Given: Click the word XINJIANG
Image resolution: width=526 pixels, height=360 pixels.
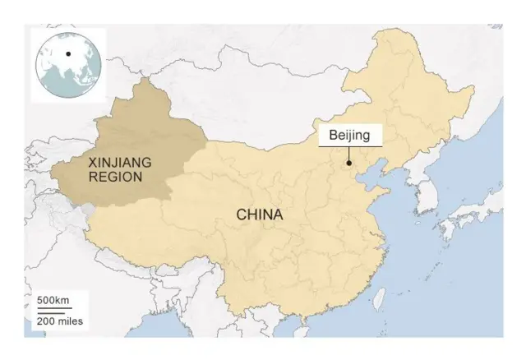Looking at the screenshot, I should [x=119, y=162].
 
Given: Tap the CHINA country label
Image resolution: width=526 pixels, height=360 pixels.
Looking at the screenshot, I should [x=260, y=215].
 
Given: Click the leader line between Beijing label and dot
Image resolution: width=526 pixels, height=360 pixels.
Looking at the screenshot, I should [x=348, y=155].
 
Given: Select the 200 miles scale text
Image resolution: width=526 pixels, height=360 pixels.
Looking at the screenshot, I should [x=58, y=321].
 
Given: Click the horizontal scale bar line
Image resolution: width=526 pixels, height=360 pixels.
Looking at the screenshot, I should [x=49, y=312].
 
